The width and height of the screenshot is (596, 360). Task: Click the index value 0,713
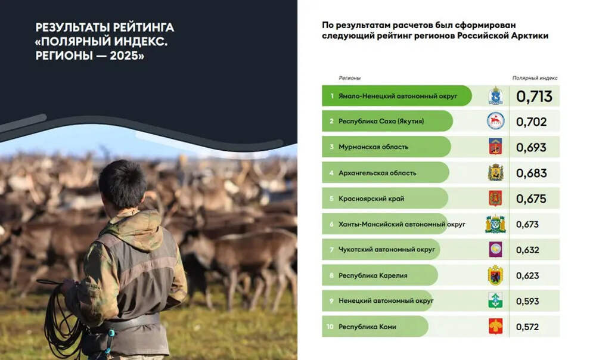coord(534,97)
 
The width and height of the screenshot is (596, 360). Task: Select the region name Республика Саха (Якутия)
coord(381,121)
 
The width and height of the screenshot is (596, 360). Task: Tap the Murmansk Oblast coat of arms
coord(495,147)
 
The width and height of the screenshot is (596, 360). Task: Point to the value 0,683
coord(532,173)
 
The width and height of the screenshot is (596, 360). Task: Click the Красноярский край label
coord(371,198)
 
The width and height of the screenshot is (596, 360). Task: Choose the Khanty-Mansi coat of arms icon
coord(495,224)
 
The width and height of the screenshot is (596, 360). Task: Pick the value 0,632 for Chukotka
coord(527,250)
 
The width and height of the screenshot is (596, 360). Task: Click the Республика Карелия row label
coord(372,275)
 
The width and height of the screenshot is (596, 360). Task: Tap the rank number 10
coord(330,327)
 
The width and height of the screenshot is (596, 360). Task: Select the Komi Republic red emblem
coord(495,326)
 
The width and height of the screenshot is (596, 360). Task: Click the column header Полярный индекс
coord(535,78)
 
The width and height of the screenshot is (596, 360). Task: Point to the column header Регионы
coord(349,78)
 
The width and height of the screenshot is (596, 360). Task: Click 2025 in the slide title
coord(124,55)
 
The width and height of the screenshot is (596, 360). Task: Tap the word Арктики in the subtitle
coord(529,36)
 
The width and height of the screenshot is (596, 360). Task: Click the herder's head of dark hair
coord(123,184)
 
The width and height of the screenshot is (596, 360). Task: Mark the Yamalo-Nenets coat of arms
coord(495,96)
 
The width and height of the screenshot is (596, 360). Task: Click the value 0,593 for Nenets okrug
coord(527,301)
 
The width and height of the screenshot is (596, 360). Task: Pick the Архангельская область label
coord(377,173)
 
